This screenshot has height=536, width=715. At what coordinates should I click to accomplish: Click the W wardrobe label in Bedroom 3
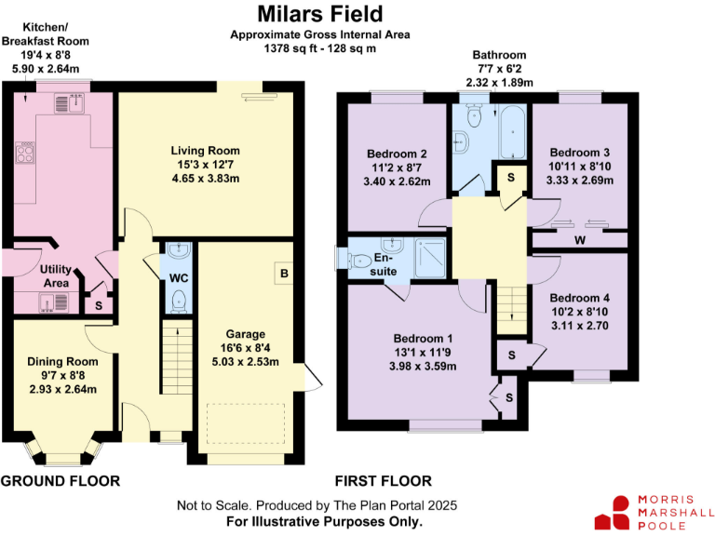point(579,240)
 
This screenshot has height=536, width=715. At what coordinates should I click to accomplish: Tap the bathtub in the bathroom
point(512,133)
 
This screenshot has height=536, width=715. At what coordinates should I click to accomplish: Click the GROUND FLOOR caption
point(61,481)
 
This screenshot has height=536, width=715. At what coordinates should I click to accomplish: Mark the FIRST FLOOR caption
point(383,481)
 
